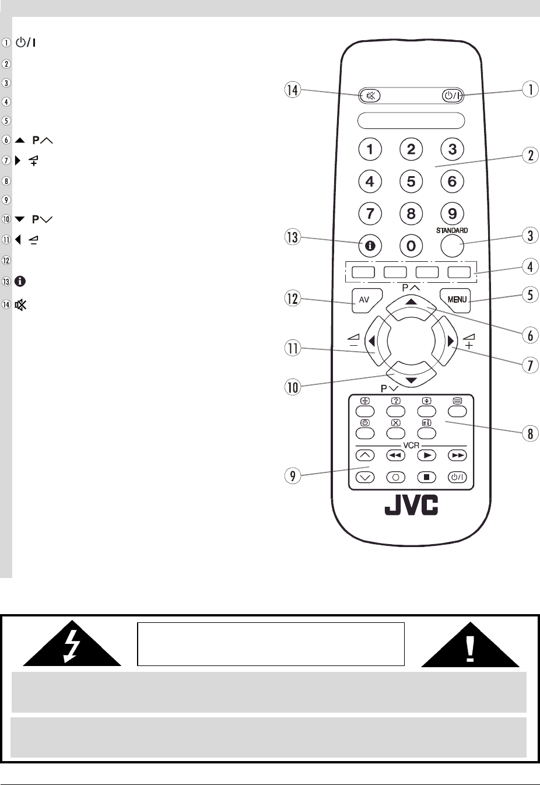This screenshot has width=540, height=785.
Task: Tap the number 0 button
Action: [411, 246]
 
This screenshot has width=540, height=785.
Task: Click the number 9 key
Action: [452, 213]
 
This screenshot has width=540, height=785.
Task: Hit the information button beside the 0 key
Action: [370, 246]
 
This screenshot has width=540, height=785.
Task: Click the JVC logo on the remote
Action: [411, 506]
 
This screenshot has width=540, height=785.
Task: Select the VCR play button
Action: [427, 455]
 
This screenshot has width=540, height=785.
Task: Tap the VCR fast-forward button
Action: [458, 455]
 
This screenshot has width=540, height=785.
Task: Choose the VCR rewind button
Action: [396, 455]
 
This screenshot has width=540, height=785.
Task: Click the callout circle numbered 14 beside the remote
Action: [292, 90]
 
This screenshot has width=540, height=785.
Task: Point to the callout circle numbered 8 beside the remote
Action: [530, 434]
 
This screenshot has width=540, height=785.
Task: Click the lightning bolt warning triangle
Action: [72, 643]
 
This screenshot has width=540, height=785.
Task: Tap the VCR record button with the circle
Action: [396, 477]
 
